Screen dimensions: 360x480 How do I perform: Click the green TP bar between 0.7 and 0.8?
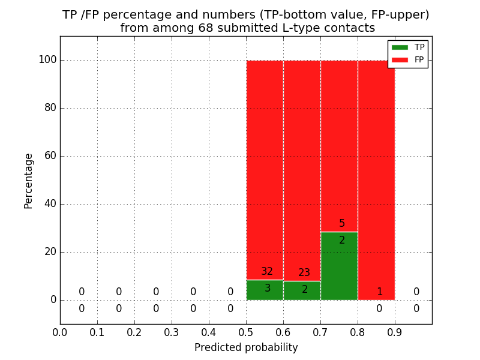pos(339,266)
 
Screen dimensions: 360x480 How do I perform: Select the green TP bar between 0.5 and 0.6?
pos(265,290)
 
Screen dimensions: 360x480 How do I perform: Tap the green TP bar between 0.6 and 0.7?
pos(302,290)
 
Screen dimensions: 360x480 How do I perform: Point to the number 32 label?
pos(267,272)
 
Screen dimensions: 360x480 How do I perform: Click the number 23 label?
pos(304,273)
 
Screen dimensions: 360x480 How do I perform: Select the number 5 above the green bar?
pos(342,224)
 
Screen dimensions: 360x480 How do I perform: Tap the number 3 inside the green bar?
pos(268,289)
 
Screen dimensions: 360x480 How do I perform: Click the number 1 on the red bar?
pos(379,292)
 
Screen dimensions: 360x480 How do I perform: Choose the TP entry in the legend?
pos(408,47)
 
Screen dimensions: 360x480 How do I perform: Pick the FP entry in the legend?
pos(408,60)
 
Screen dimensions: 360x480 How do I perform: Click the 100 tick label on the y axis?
pos(47,60)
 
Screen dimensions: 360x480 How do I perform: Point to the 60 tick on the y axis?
pos(50,156)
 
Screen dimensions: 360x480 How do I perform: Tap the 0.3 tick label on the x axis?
pos(172,332)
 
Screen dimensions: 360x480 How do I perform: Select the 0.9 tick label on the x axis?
pos(395,332)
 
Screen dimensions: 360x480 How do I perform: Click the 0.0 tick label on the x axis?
pos(60,332)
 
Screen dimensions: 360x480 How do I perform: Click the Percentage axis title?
pos(29,181)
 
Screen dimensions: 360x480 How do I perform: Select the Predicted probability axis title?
pos(246,348)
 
